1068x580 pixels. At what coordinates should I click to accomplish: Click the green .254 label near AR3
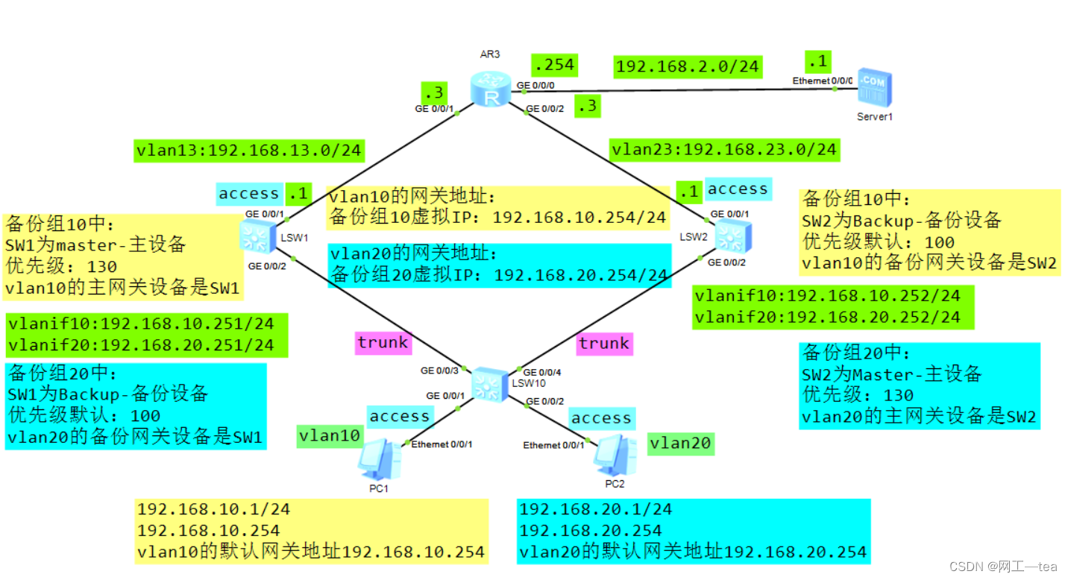click(x=553, y=65)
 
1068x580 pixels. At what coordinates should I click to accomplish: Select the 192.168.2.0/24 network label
click(x=688, y=66)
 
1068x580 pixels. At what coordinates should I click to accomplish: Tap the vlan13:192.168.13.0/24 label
click(x=248, y=150)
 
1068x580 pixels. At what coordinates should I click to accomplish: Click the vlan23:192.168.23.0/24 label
click(x=724, y=149)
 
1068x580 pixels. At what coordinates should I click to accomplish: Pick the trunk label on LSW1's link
click(x=383, y=342)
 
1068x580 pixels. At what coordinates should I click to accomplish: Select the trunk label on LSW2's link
click(x=604, y=343)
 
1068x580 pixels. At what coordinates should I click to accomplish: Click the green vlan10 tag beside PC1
click(x=330, y=435)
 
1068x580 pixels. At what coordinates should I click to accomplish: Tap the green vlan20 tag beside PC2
click(x=680, y=444)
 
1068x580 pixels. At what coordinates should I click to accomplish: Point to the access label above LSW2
click(x=738, y=189)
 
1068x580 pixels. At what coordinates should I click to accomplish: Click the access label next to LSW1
click(x=249, y=194)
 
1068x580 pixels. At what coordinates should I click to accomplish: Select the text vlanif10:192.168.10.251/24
click(x=141, y=324)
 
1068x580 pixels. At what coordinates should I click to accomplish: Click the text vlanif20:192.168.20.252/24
click(x=827, y=317)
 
